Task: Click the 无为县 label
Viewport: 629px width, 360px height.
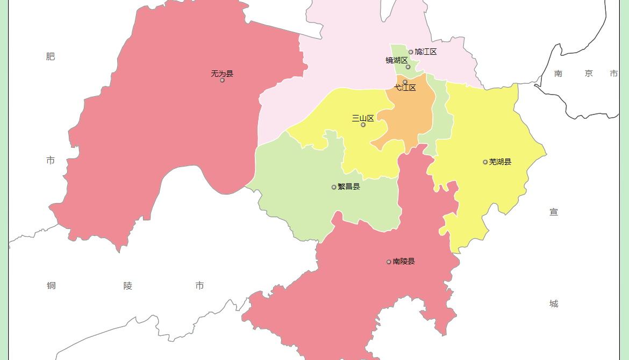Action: point(222,74)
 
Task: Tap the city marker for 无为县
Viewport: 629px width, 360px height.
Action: point(222,80)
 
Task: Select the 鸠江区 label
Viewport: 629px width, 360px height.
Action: point(425,52)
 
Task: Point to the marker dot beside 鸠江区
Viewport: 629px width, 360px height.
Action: point(411,52)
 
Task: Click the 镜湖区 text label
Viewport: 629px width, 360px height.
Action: point(397,60)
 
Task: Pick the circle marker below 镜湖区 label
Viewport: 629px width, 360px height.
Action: point(408,67)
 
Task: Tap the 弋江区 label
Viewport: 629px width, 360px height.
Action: point(405,88)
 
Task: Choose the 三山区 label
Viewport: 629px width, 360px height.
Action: point(363,118)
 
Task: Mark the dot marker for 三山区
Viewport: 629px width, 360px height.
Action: point(363,125)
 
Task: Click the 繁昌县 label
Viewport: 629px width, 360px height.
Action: point(349,186)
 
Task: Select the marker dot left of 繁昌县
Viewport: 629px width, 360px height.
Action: point(334,187)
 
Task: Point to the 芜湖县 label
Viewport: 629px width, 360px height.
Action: point(500,162)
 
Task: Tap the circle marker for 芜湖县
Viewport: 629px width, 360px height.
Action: point(485,162)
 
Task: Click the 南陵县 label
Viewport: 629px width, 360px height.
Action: point(404,261)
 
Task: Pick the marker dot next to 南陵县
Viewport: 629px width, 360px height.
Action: point(389,262)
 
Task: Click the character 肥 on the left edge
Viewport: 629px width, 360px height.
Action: point(51,56)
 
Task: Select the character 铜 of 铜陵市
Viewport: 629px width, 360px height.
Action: point(51,285)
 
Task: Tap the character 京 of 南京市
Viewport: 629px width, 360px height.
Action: point(589,74)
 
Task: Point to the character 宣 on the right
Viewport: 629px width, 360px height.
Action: point(554,212)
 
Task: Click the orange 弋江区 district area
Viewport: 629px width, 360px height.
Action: point(411,116)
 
